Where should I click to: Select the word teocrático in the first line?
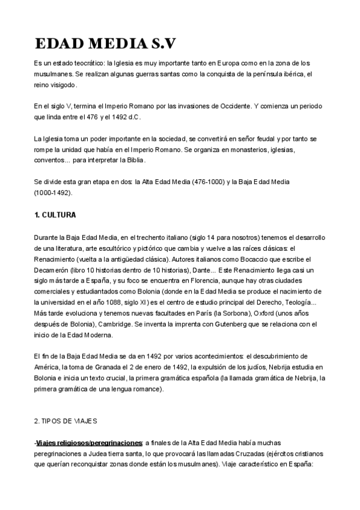[88, 63]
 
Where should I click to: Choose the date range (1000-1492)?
[52, 192]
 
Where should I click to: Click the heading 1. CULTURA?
[55, 214]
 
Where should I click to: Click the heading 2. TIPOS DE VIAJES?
[66, 421]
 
